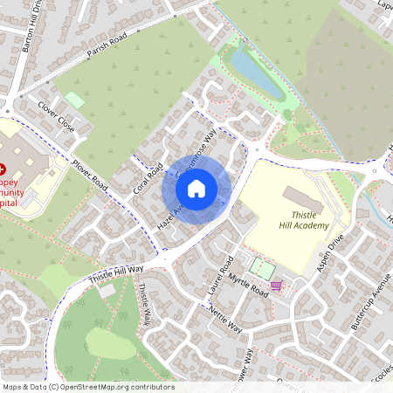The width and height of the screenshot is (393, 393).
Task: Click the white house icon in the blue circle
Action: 196,188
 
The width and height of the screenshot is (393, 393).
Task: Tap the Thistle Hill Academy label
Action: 305,219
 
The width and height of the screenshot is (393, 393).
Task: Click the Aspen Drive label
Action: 332,254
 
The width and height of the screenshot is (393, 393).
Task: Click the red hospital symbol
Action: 3,166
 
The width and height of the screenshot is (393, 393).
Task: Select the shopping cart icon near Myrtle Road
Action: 277,286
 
